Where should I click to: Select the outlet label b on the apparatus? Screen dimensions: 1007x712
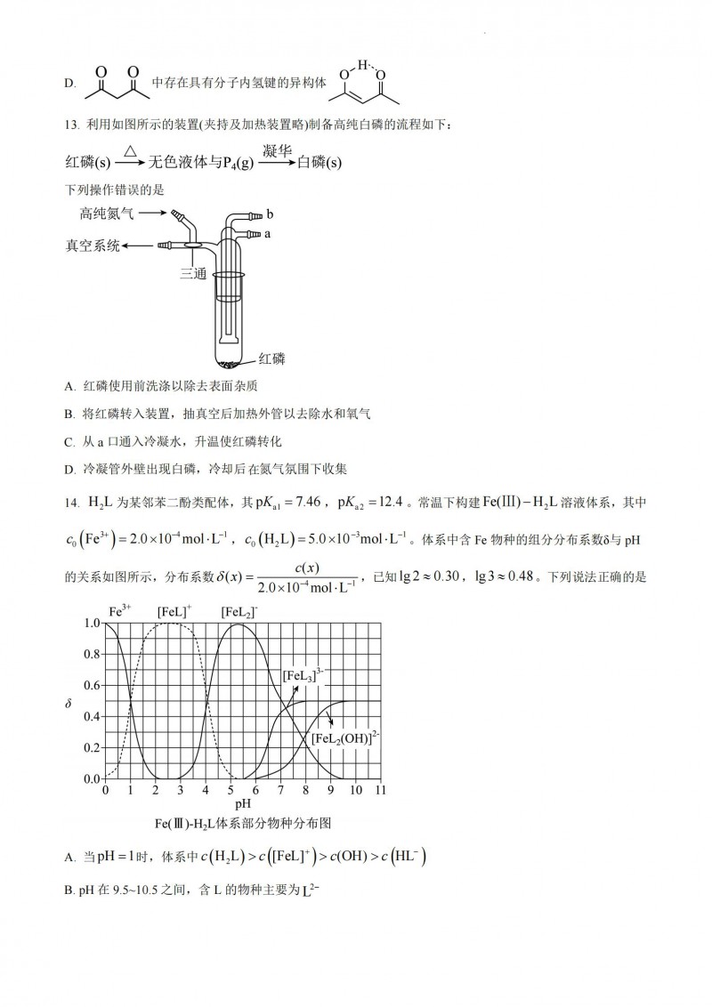coord(270,214)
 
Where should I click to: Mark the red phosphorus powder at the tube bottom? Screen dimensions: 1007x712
coord(230,362)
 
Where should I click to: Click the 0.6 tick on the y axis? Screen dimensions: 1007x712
coord(92,686)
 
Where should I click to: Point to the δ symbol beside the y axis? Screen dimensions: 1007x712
coord(69,705)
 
